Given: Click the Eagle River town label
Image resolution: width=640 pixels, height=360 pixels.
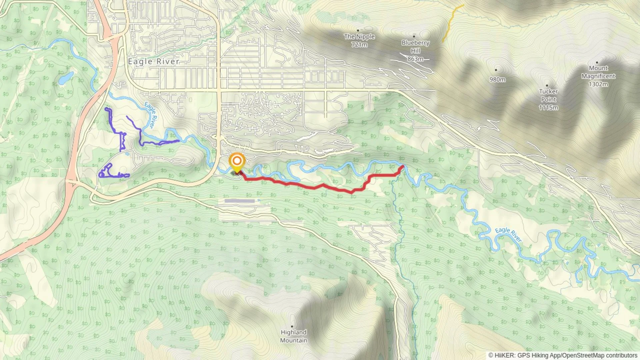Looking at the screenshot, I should tap(154, 62).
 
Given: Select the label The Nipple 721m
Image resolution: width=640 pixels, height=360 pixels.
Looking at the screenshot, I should tap(359, 40).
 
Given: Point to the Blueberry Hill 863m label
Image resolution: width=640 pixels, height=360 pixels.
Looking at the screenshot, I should tap(415, 51).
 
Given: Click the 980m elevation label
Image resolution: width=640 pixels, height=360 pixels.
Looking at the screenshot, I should tap(497, 79).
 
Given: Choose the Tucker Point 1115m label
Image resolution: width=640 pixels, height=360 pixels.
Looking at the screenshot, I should tap(548, 99).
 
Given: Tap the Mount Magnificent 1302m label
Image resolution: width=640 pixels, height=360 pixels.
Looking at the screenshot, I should tap(598, 76).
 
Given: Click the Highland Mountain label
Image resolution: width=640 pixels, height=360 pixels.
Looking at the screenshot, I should tap(293, 336).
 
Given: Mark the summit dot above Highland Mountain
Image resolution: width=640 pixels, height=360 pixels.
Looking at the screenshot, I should tap(292, 326).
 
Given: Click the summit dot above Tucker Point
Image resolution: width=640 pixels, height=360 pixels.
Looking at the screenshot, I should tap(547, 85).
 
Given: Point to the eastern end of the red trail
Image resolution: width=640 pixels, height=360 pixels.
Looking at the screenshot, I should tap(403, 166).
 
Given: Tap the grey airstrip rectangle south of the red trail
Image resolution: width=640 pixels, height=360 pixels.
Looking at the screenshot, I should tap(239, 201).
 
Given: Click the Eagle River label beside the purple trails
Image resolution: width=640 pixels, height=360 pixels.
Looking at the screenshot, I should tap(151, 115).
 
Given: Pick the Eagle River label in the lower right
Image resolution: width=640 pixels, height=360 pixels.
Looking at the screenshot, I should tap(508, 235).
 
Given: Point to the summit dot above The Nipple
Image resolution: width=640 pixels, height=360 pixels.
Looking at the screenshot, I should tap(358, 30).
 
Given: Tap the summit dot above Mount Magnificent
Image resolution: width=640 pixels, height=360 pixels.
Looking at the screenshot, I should tap(597, 62).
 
